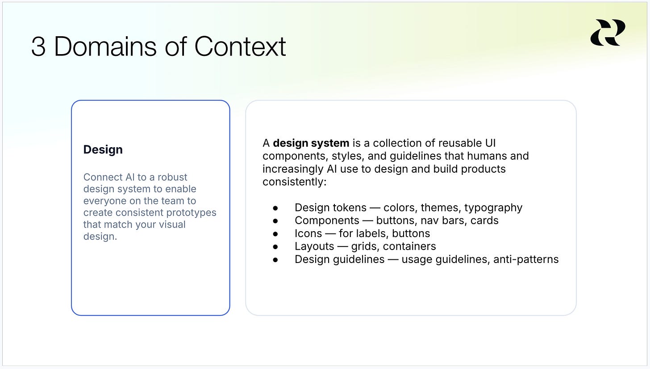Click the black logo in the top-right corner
(x=608, y=33)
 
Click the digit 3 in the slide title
(x=38, y=47)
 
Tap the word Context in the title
(x=240, y=46)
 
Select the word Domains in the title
(x=105, y=46)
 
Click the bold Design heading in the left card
(x=103, y=149)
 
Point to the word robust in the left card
(x=172, y=177)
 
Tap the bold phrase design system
(x=311, y=144)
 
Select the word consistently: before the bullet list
(x=295, y=182)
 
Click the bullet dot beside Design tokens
(x=275, y=208)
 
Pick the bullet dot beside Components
(x=275, y=221)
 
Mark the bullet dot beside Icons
(x=275, y=234)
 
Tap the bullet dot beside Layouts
(x=275, y=247)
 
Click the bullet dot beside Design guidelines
(x=275, y=260)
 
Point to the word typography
(x=493, y=208)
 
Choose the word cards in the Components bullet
(x=484, y=221)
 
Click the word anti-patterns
(x=526, y=260)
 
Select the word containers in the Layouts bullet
(x=409, y=246)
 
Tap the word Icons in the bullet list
(x=308, y=233)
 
